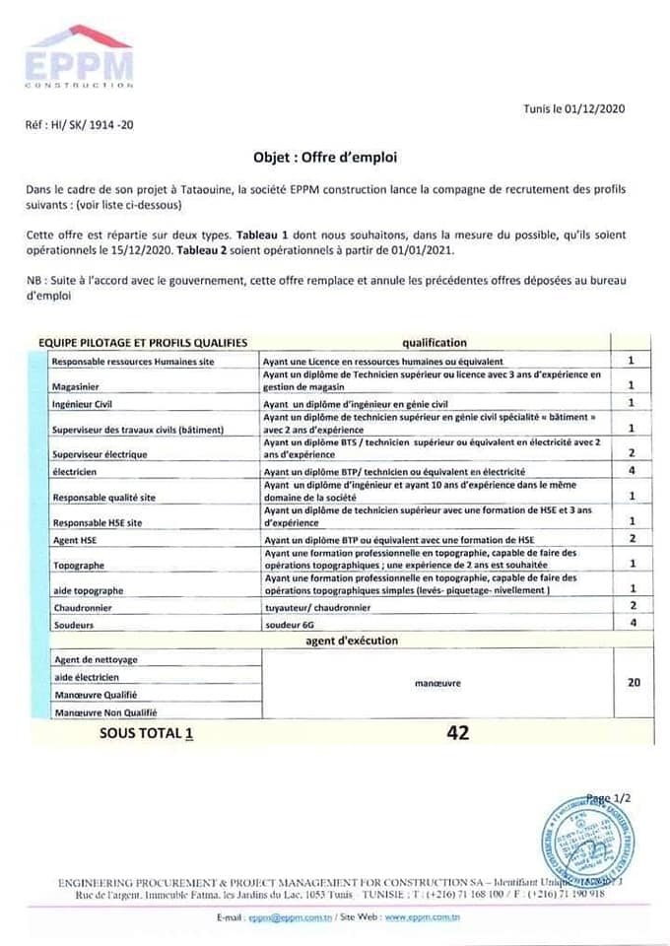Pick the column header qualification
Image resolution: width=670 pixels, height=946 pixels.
434,342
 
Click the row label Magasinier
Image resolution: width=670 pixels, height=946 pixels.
81,386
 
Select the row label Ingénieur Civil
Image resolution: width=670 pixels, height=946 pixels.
89,404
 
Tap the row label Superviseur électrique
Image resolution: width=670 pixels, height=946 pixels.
100,454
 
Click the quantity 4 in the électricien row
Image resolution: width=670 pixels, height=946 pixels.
631,472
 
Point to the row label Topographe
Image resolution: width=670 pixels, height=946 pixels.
81,566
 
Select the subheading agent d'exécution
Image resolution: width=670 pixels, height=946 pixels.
352,641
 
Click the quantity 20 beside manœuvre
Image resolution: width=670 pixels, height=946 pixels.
633,682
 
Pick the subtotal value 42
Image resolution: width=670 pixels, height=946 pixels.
457,732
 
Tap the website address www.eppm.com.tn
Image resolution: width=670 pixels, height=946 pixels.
425,917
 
